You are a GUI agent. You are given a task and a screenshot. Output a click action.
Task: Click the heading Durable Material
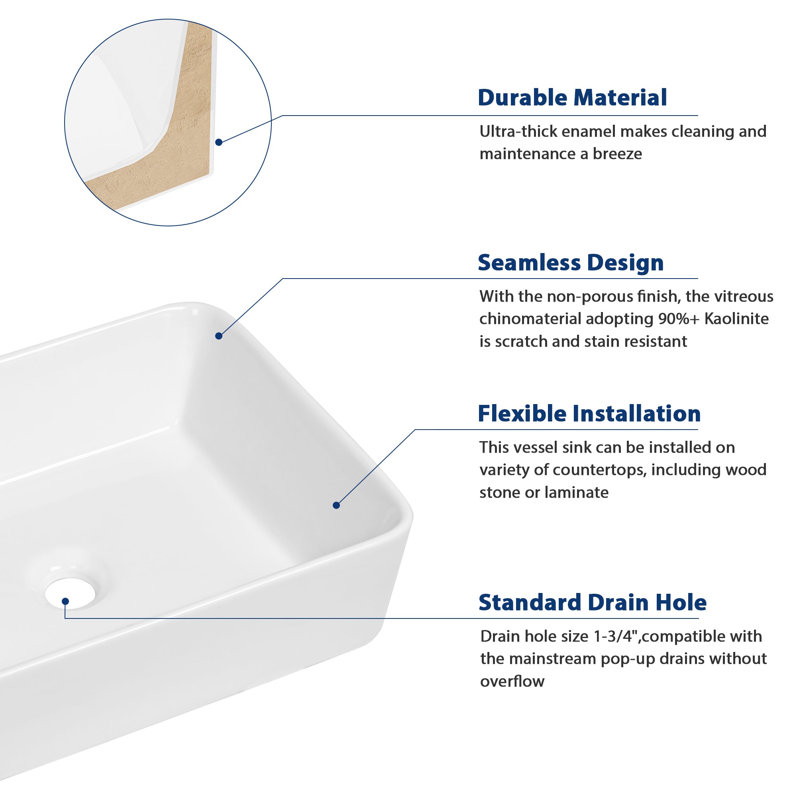572,98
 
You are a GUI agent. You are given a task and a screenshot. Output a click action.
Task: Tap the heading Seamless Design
571,262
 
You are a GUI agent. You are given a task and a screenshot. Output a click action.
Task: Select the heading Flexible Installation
589,413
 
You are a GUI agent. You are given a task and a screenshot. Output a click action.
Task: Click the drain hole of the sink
70,593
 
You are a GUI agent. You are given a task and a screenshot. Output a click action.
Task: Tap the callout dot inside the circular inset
219,142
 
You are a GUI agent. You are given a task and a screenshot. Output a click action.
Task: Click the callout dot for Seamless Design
219,336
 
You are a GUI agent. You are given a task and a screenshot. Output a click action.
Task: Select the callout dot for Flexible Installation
336,505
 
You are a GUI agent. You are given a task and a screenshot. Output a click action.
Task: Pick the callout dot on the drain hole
65,601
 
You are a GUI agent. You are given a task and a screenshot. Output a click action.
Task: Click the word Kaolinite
736,319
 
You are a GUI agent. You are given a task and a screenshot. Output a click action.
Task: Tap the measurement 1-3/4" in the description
616,636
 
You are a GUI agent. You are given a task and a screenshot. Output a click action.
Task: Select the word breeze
617,154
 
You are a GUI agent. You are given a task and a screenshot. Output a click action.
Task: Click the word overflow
512,681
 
